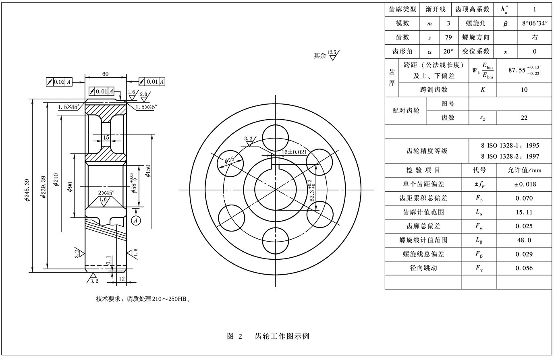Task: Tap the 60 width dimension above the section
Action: (106, 74)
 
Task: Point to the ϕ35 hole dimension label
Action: (230, 160)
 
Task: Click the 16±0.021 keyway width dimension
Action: (294, 152)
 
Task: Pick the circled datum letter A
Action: (136, 220)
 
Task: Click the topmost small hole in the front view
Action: (276, 137)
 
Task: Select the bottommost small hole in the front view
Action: (276, 241)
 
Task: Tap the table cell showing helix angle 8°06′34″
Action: (535, 23)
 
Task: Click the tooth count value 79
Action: (448, 37)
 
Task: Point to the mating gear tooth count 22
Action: (524, 118)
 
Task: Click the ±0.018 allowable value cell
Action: (524, 184)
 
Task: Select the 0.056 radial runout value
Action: (524, 268)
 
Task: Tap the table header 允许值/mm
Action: (524, 170)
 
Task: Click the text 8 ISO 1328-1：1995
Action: (510, 146)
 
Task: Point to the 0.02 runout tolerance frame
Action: (59, 82)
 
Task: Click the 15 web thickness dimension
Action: (106, 138)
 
